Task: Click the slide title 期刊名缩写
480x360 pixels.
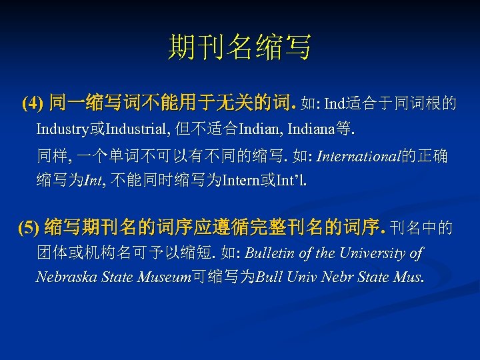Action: point(239,48)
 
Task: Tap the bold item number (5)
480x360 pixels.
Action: point(29,229)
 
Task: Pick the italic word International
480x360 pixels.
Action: point(359,157)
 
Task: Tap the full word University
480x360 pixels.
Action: point(375,253)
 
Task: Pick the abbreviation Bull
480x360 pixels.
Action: point(269,277)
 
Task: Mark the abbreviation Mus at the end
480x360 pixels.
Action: point(408,277)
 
